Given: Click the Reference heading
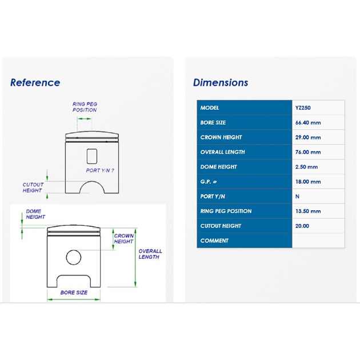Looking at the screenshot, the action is [35, 83].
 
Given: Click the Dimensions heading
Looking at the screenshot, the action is [221, 83].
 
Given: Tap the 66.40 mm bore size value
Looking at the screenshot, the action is [308, 123].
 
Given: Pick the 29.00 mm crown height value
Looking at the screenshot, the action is [308, 137].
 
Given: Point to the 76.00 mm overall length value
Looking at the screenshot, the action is [308, 152].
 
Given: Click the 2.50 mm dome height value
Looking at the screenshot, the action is [306, 167].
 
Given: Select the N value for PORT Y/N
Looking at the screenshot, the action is [297, 197].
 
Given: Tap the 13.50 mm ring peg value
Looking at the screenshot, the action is [308, 211].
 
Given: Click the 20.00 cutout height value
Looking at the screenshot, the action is [302, 226].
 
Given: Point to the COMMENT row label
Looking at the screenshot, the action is [214, 241].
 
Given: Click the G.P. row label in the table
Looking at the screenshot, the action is [208, 182].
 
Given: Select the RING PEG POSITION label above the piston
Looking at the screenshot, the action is [85, 107].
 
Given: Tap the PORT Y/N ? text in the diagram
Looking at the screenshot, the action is [100, 170].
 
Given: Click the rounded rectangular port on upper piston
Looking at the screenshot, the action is [92, 157].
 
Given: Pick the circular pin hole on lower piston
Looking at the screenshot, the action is [74, 257].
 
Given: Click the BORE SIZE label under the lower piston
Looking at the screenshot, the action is [74, 293].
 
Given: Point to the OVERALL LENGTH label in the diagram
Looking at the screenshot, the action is [150, 254].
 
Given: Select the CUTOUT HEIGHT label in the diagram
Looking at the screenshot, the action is [33, 187].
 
